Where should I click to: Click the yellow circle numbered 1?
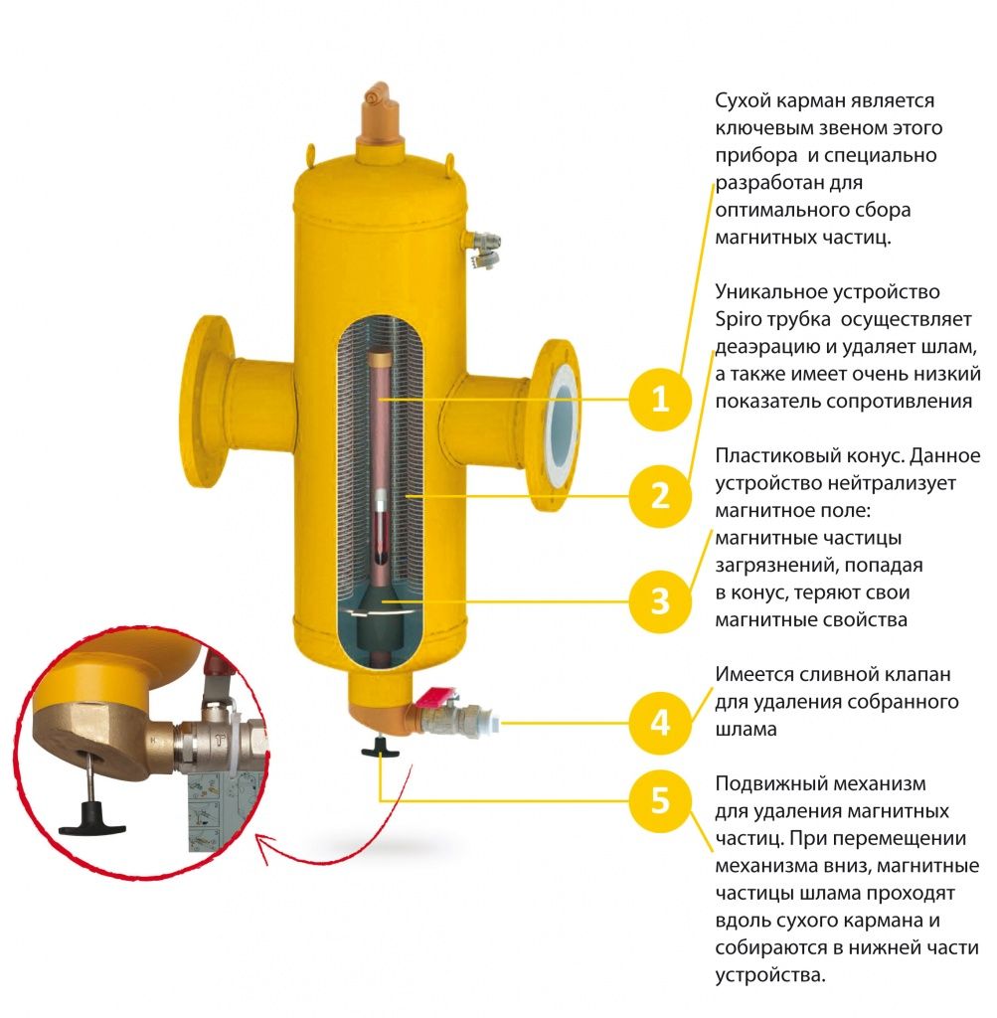point(660,400)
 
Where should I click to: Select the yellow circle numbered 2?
point(660,495)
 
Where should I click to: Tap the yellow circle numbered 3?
point(660,601)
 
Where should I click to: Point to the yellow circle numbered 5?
point(660,800)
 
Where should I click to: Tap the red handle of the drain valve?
point(436,702)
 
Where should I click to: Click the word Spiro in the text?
point(738,320)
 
